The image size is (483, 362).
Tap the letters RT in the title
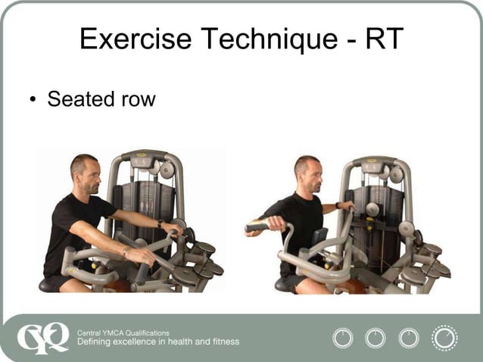click(x=384, y=39)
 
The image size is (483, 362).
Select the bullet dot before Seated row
click(x=33, y=100)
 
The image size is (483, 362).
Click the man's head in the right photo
click(x=307, y=175)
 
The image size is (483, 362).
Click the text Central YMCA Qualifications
click(x=123, y=332)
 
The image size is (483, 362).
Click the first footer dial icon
click(x=343, y=337)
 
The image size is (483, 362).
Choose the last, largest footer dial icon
click(x=444, y=338)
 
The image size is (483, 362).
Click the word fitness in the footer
click(x=223, y=342)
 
